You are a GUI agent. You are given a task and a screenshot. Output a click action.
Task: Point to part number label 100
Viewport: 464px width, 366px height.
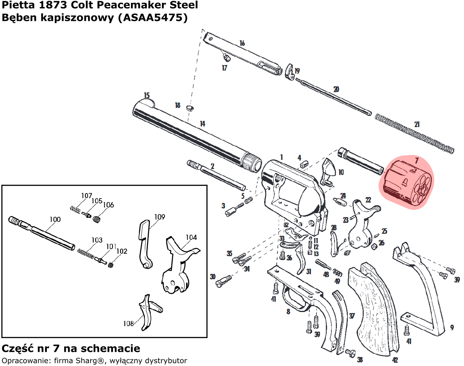(x=55, y=219)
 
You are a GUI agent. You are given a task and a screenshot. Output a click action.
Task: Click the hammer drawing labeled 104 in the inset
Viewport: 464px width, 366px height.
(x=177, y=268)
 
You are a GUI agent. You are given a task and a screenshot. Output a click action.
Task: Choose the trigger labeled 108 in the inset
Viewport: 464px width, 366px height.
(x=147, y=311)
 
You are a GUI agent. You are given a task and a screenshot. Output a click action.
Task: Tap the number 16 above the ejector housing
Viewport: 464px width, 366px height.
(x=242, y=43)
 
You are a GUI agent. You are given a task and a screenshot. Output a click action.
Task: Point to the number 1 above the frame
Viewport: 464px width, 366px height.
(x=281, y=157)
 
